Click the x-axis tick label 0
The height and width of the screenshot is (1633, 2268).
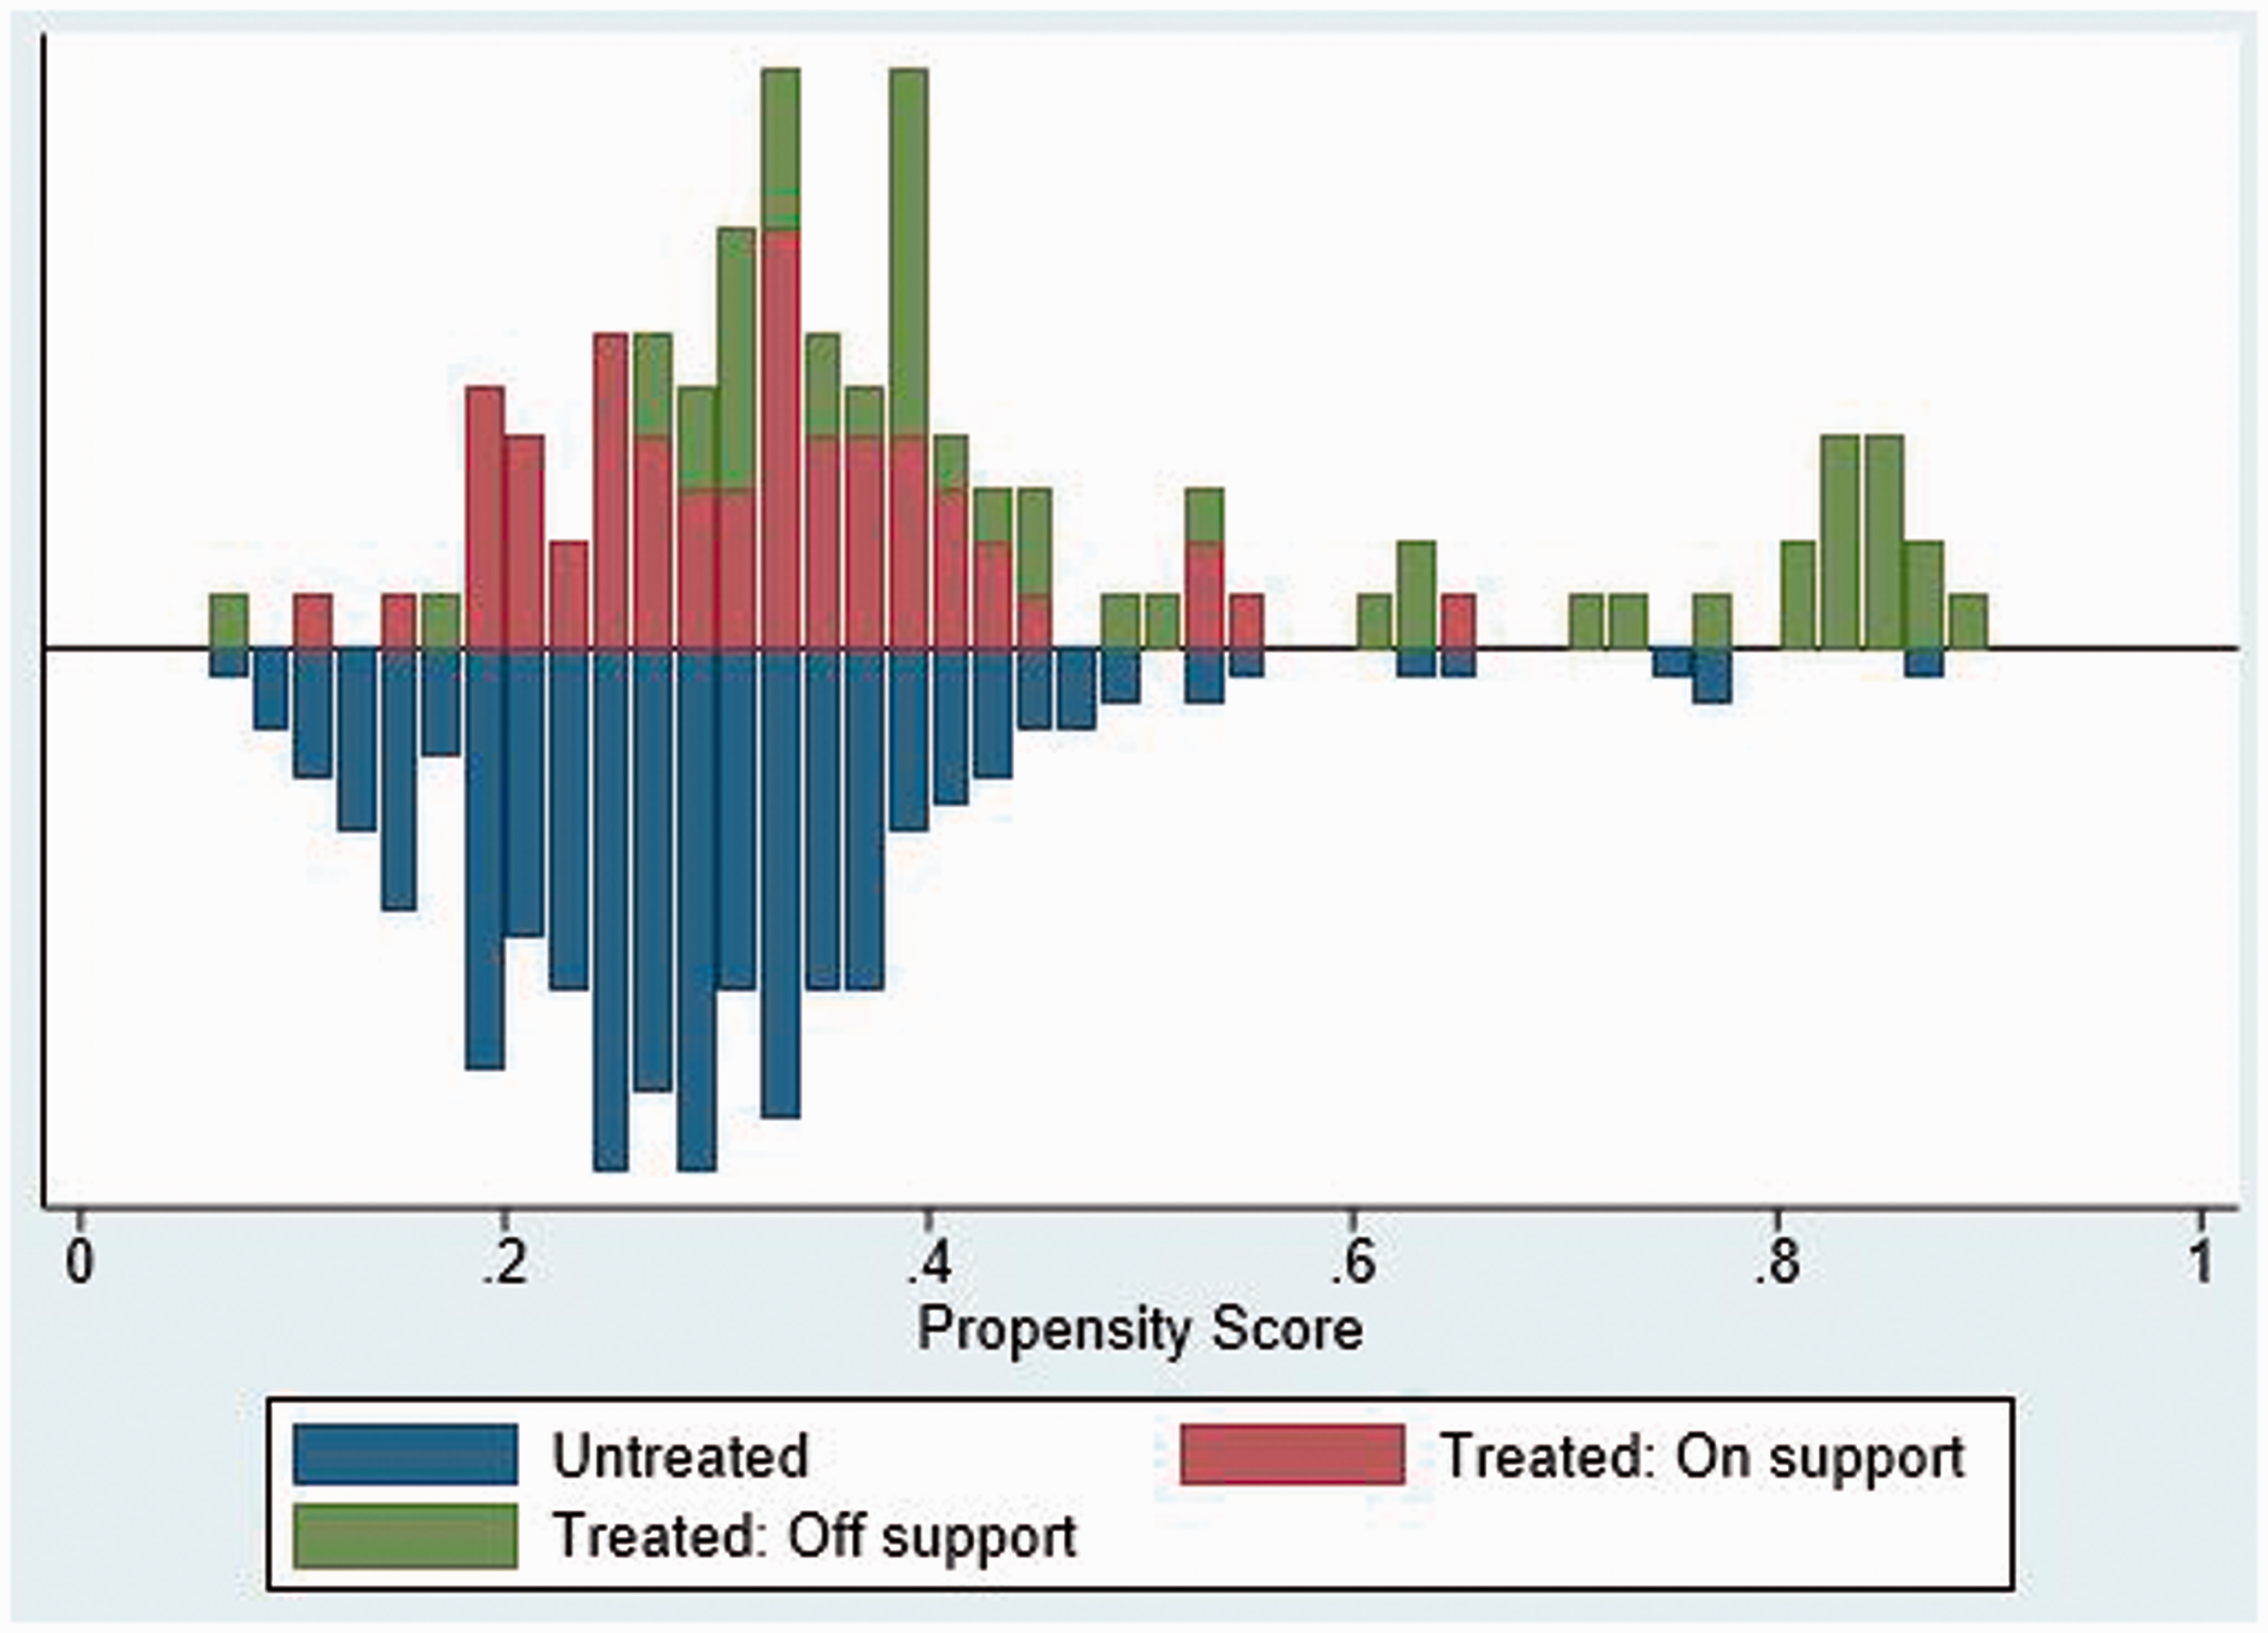(79, 1263)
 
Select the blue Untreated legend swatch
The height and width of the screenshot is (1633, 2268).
(405, 1454)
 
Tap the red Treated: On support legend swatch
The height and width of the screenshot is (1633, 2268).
(1292, 1454)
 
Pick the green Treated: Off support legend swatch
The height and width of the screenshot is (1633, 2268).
(405, 1534)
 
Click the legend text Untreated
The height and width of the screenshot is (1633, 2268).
(680, 1456)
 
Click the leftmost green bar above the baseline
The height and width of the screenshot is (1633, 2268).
(228, 621)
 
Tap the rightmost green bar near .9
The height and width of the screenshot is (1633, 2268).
(1968, 621)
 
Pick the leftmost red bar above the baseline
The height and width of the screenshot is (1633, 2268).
(312, 621)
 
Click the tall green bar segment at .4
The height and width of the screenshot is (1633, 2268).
(908, 252)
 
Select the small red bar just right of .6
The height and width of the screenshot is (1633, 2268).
(1459, 621)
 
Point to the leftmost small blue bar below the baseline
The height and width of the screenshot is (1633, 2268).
(228, 663)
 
